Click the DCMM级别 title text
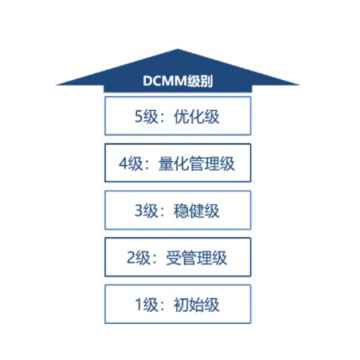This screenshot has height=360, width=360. coord(178,81)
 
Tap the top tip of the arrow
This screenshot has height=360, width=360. coord(178,49)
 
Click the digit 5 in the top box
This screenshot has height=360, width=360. coord(139,117)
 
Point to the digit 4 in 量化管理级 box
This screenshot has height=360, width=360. coord(123,163)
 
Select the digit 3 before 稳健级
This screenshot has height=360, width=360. coord(139,210)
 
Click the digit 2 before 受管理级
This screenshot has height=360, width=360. coord(131,257)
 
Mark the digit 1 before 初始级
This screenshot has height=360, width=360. coord(138,305)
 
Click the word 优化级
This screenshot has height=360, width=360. coord(196,117)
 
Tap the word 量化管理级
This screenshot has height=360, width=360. coord(196,164)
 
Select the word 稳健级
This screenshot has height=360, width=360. coord(196,211)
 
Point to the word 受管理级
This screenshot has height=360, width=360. coord(196,258)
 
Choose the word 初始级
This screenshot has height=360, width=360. coord(196,305)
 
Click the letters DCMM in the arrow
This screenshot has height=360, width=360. coord(164,81)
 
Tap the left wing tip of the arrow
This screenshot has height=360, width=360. coord(57,85)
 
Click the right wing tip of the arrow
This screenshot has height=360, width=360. coord(299,85)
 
